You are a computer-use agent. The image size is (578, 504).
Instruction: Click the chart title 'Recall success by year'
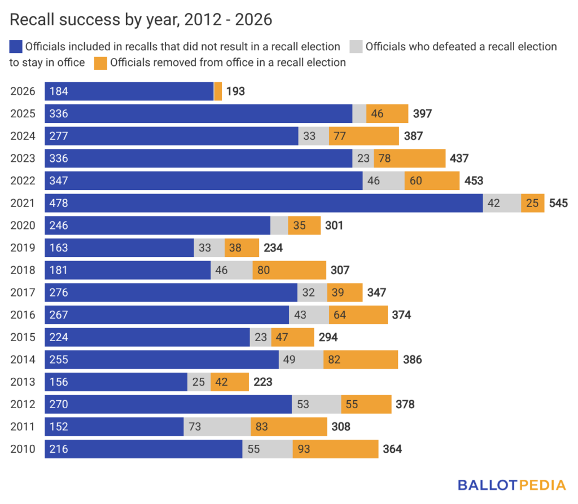(x=141, y=20)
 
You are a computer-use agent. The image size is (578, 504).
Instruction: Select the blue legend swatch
(x=16, y=47)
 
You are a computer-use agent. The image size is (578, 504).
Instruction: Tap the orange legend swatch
(x=100, y=63)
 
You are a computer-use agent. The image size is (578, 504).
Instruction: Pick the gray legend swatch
(x=356, y=47)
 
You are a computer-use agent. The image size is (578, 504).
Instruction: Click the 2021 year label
(x=23, y=203)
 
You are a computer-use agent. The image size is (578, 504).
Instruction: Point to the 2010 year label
(x=23, y=449)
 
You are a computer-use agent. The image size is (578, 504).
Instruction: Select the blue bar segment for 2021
(x=264, y=203)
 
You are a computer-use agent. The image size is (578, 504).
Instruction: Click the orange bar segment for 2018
(x=289, y=270)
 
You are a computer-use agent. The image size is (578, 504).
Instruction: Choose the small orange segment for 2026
(x=218, y=91)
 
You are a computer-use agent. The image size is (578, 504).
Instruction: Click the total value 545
(x=558, y=203)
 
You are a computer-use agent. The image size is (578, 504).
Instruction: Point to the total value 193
(x=235, y=91)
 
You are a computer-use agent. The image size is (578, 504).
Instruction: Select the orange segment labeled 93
(x=335, y=449)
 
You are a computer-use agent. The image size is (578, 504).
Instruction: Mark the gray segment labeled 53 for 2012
(x=316, y=404)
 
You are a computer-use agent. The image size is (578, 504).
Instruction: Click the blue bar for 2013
(x=116, y=382)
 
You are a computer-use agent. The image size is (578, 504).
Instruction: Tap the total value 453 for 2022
(x=474, y=181)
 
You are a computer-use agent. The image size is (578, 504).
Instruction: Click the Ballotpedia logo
(x=511, y=485)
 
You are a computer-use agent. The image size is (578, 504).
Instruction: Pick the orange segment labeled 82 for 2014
(x=361, y=360)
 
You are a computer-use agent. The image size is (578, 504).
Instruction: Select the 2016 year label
(x=23, y=315)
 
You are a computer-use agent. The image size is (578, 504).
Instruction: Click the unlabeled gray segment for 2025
(x=360, y=114)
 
